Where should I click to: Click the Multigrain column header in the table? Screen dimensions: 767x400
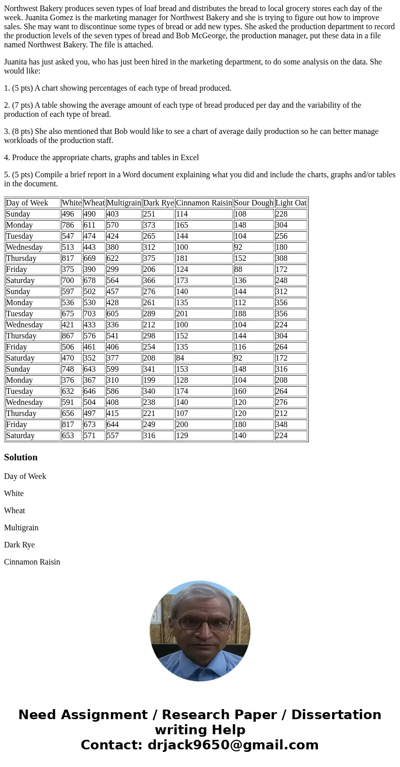(123, 203)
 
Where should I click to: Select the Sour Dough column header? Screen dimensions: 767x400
(253, 203)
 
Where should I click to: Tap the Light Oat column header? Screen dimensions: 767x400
(291, 203)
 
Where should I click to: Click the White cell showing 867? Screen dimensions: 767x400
(68, 336)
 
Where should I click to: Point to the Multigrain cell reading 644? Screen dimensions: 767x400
(113, 425)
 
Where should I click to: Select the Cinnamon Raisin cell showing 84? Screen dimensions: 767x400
(180, 358)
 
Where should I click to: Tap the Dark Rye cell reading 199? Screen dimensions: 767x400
(149, 380)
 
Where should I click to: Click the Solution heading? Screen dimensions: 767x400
(21, 457)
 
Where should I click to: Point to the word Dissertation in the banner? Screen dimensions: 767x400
(336, 715)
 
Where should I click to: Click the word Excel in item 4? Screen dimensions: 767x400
(189, 158)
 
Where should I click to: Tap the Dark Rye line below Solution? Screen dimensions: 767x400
(19, 545)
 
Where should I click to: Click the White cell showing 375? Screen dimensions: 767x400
(68, 269)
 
